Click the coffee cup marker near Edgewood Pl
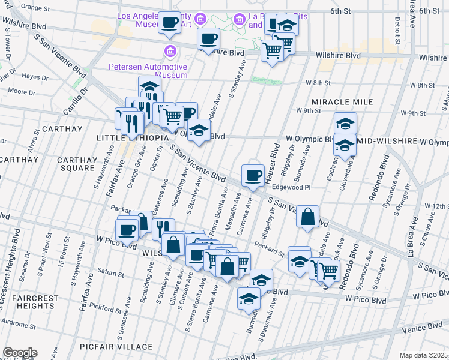click(x=253, y=175)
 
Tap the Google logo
click(x=19, y=353)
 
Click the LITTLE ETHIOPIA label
click(x=124, y=138)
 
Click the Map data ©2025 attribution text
click(x=424, y=355)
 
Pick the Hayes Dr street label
click(x=35, y=77)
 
